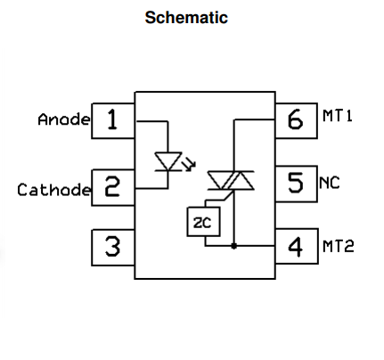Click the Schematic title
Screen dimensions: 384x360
coord(186,18)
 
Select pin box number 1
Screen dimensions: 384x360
coord(113,121)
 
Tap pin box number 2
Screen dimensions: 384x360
coord(113,187)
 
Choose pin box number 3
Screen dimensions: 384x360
coord(113,248)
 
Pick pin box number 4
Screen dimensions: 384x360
coord(297,246)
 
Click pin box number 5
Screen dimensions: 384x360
coord(296,184)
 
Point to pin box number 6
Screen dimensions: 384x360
coord(296,120)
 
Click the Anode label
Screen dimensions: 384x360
coord(64,119)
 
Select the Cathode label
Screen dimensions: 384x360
coord(53,190)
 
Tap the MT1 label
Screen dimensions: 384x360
coord(338,116)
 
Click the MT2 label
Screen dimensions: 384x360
coord(339,246)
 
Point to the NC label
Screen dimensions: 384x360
coord(330,183)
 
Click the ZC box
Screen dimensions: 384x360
coord(204,222)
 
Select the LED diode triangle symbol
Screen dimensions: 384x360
coord(168,161)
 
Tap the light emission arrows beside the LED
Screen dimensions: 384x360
coord(189,164)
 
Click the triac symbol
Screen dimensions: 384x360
coord(231,180)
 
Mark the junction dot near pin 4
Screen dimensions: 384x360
coord(234,246)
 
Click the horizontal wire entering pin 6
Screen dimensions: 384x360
coord(255,119)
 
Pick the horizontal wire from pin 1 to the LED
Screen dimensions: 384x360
coord(152,121)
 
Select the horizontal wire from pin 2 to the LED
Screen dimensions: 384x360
coord(151,188)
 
